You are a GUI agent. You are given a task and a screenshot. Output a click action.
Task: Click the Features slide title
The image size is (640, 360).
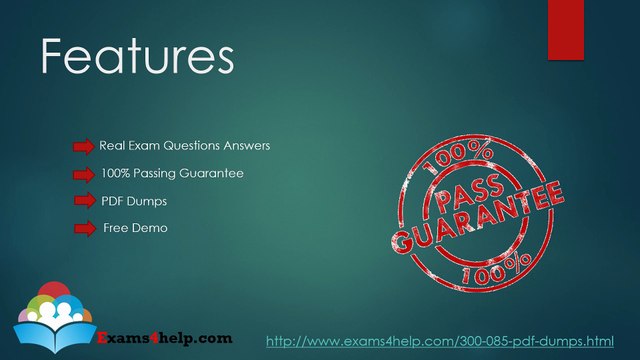pos(138,56)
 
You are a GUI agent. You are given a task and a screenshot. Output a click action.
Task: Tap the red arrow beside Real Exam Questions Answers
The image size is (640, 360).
pos(84,147)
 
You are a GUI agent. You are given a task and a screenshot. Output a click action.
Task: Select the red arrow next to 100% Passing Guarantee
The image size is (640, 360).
pos(84,175)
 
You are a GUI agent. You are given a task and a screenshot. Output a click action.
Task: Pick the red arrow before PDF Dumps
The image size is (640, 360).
pos(85,200)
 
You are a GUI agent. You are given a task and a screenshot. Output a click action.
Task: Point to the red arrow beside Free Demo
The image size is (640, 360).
pos(85,229)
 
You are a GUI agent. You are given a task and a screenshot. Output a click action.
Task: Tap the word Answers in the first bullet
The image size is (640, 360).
pos(247,146)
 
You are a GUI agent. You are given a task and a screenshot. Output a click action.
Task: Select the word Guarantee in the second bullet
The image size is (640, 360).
pos(211,173)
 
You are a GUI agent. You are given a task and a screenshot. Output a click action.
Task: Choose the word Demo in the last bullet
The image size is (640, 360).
pos(151,228)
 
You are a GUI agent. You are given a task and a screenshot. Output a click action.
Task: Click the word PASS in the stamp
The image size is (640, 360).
pos(469,192)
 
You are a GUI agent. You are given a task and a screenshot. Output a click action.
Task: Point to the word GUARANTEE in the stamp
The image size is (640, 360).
pos(478,217)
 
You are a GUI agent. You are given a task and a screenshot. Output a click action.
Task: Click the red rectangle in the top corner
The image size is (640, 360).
pos(566,30)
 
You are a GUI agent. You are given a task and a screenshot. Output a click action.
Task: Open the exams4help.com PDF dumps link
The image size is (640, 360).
pos(440,341)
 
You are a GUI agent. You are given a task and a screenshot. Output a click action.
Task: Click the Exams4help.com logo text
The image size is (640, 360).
pos(165,338)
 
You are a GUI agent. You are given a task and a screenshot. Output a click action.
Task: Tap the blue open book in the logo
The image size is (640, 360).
pos(55,336)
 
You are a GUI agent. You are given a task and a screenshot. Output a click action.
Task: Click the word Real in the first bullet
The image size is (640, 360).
pos(112,146)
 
